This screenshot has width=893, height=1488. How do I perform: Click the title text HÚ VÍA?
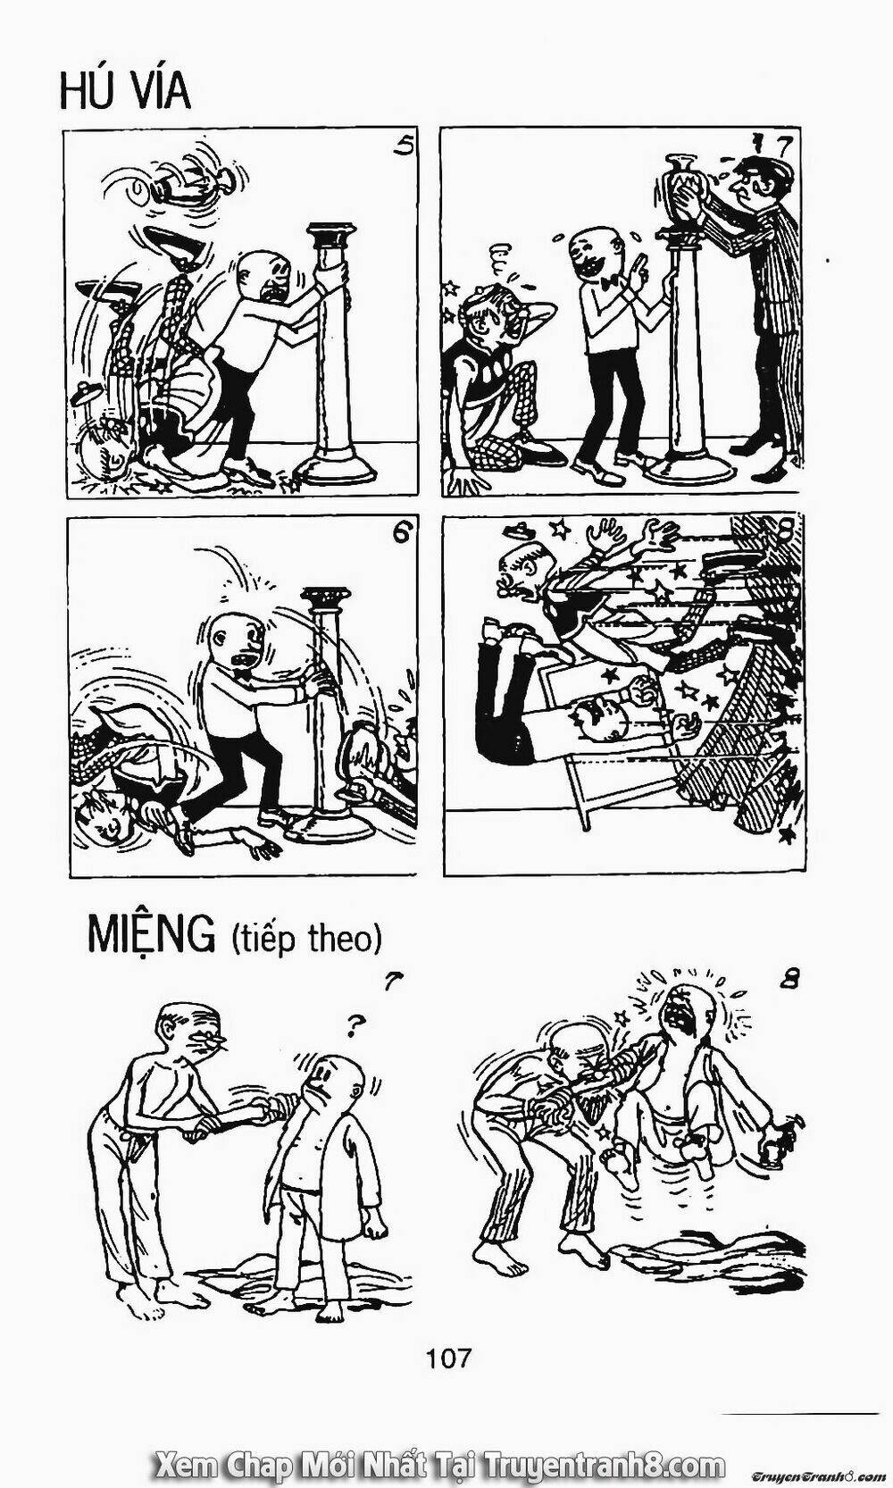(125, 91)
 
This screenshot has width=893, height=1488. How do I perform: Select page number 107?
(448, 1339)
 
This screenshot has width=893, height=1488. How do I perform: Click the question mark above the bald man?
(351, 1028)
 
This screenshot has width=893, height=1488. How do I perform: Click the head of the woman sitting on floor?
(495, 310)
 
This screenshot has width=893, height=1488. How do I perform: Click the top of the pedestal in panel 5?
(330, 235)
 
